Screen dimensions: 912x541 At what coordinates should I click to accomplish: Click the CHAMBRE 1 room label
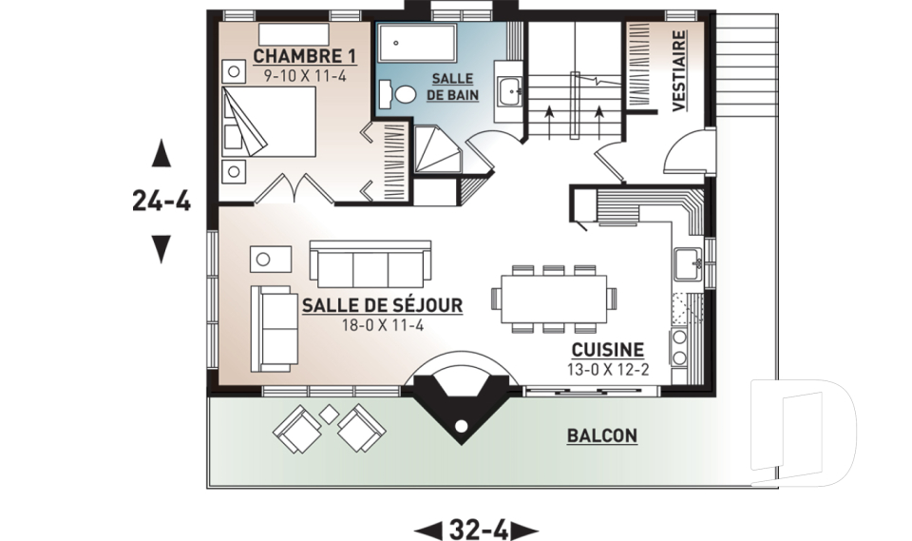(x=305, y=56)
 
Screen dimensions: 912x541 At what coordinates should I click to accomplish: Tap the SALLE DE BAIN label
(x=452, y=87)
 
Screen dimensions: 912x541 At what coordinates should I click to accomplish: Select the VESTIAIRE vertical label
(x=679, y=71)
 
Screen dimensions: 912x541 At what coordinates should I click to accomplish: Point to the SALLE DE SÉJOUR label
(x=382, y=305)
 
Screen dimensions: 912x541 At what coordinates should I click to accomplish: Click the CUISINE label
(x=608, y=350)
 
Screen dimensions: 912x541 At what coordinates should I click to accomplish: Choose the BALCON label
(x=602, y=435)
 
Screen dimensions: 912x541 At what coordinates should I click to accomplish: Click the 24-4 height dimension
(x=161, y=202)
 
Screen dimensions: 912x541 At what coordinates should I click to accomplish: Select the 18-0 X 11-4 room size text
(x=382, y=325)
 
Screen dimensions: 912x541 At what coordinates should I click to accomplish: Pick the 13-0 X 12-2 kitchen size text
(x=608, y=369)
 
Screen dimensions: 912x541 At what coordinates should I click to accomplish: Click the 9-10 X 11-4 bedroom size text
(x=305, y=76)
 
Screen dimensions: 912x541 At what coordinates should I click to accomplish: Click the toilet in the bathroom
(x=397, y=94)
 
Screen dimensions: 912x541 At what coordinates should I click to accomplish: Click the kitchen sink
(x=689, y=264)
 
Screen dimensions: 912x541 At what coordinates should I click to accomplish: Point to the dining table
(x=554, y=299)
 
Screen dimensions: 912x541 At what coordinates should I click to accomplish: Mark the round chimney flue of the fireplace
(x=461, y=428)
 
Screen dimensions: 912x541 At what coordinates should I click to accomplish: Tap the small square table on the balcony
(x=330, y=414)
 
